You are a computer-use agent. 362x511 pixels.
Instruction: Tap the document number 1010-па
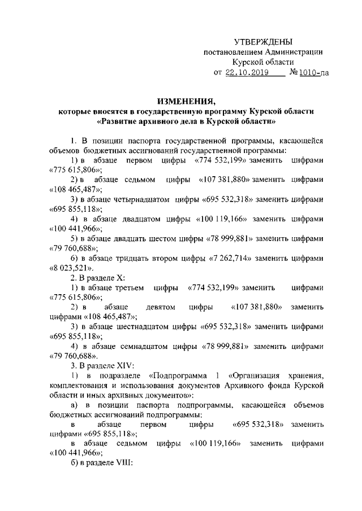(x=308, y=73)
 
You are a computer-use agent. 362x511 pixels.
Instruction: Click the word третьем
(x=128, y=287)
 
